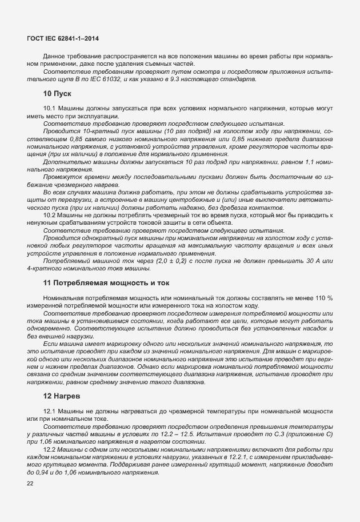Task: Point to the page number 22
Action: click(31, 484)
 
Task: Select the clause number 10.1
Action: click(49, 109)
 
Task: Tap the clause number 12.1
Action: click(49, 412)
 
